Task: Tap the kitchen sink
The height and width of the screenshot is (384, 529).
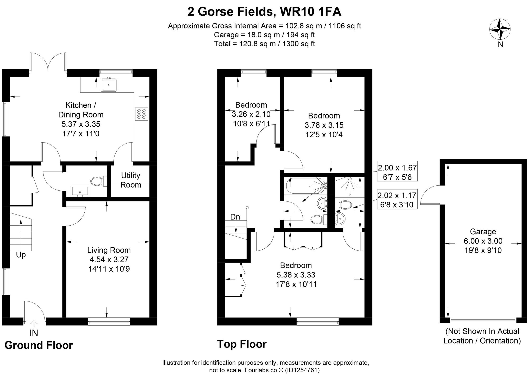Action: [x=109, y=85]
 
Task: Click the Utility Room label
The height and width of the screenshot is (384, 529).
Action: [x=130, y=180]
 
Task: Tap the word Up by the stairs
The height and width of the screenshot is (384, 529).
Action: [x=21, y=255]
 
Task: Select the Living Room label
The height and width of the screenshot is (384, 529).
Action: [x=109, y=250]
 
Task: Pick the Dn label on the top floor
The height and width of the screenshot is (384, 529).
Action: [x=235, y=217]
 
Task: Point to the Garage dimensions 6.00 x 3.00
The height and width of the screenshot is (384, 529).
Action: [x=483, y=241]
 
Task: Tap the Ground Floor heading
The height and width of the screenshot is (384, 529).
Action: [x=39, y=345]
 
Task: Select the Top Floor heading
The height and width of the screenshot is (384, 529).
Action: [x=242, y=344]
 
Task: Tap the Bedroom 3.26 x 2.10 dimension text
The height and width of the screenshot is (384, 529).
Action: [x=251, y=114]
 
